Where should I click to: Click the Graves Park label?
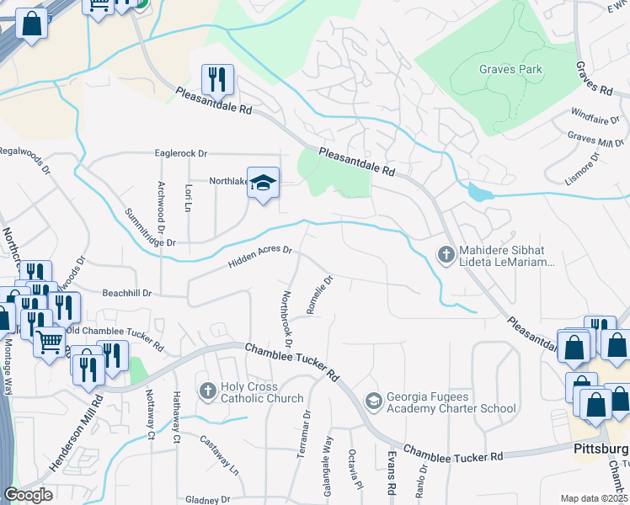pos(510,70)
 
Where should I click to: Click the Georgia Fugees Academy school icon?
pos(373,401)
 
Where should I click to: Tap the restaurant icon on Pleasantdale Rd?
pos(217,80)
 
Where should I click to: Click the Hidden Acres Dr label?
pos(259,257)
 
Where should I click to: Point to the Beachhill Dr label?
pos(126,293)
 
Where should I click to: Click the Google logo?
pos(28,495)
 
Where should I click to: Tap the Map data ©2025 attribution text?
pos(595,498)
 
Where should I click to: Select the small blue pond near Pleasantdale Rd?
pos(478,193)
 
